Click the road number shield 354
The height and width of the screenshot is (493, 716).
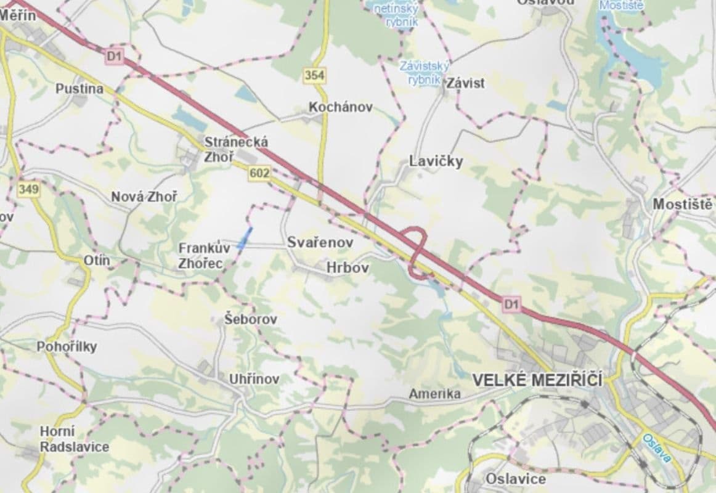click(x=314, y=75)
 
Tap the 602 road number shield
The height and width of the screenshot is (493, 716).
click(x=259, y=174)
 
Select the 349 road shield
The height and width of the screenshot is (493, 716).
click(x=29, y=189)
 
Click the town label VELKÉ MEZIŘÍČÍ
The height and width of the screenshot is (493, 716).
click(x=537, y=380)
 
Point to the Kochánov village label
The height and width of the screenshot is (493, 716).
click(x=341, y=107)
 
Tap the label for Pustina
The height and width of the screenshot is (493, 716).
click(x=79, y=89)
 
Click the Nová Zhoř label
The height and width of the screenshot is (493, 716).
click(x=144, y=197)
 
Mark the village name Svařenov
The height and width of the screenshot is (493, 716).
click(x=320, y=243)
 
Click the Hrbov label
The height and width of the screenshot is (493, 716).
click(x=348, y=268)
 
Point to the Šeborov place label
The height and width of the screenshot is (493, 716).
click(x=250, y=319)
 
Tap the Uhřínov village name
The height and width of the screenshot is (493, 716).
click(x=254, y=379)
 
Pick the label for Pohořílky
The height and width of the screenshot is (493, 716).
click(x=67, y=346)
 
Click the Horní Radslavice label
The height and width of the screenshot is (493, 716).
click(x=74, y=439)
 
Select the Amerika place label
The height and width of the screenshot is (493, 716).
click(x=435, y=394)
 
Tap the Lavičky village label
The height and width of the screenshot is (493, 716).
click(x=436, y=161)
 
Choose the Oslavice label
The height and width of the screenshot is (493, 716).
click(x=516, y=479)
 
